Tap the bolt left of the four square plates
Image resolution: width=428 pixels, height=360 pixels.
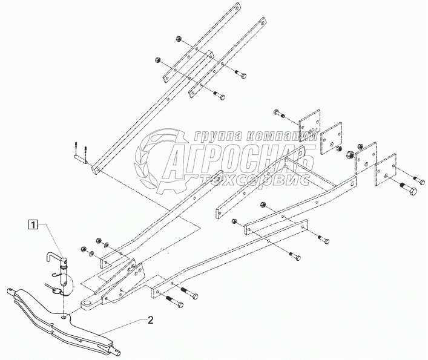click(x=280, y=114)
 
